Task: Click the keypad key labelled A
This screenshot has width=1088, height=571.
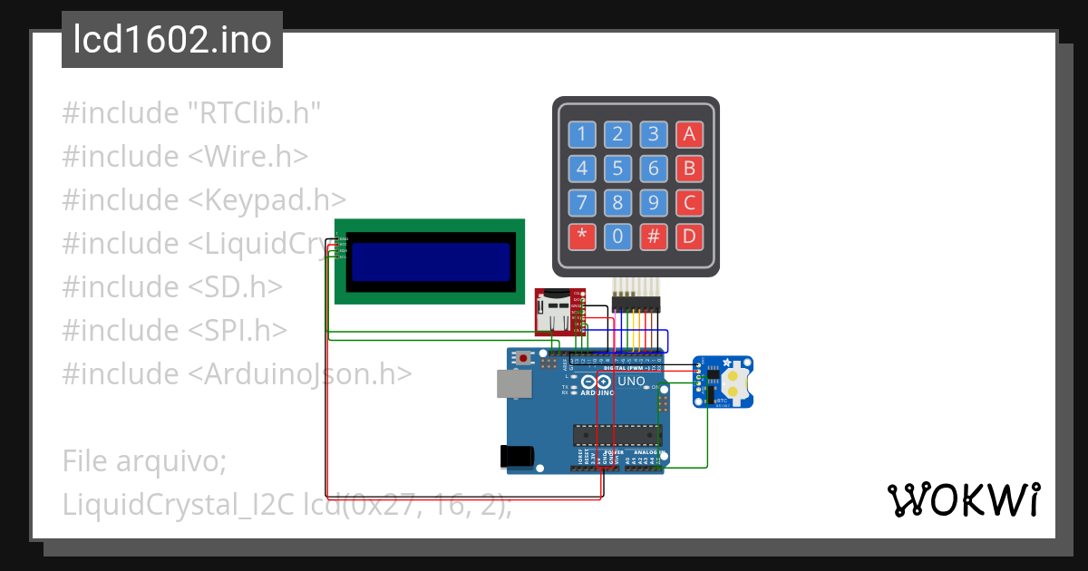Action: (x=689, y=135)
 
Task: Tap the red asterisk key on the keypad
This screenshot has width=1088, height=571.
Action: (x=582, y=237)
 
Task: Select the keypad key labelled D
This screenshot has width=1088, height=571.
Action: (x=689, y=237)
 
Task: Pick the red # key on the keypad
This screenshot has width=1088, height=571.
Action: (x=653, y=237)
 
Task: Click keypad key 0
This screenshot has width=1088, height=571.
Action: (x=617, y=237)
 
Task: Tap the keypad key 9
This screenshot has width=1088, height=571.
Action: (x=653, y=202)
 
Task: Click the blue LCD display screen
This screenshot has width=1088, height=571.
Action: (x=430, y=261)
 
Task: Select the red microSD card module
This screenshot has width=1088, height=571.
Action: (x=559, y=311)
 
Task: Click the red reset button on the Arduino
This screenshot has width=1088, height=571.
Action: (x=524, y=358)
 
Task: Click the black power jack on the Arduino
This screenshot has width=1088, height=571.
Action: (x=515, y=455)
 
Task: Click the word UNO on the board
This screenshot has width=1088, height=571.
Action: (x=631, y=382)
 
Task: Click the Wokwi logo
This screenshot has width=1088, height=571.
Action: (x=963, y=499)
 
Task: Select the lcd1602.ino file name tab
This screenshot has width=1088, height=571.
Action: (x=172, y=40)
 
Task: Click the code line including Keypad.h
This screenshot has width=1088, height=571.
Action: (x=204, y=200)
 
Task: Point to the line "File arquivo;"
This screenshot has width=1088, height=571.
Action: (x=143, y=461)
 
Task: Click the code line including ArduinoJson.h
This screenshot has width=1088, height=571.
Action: (x=237, y=373)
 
